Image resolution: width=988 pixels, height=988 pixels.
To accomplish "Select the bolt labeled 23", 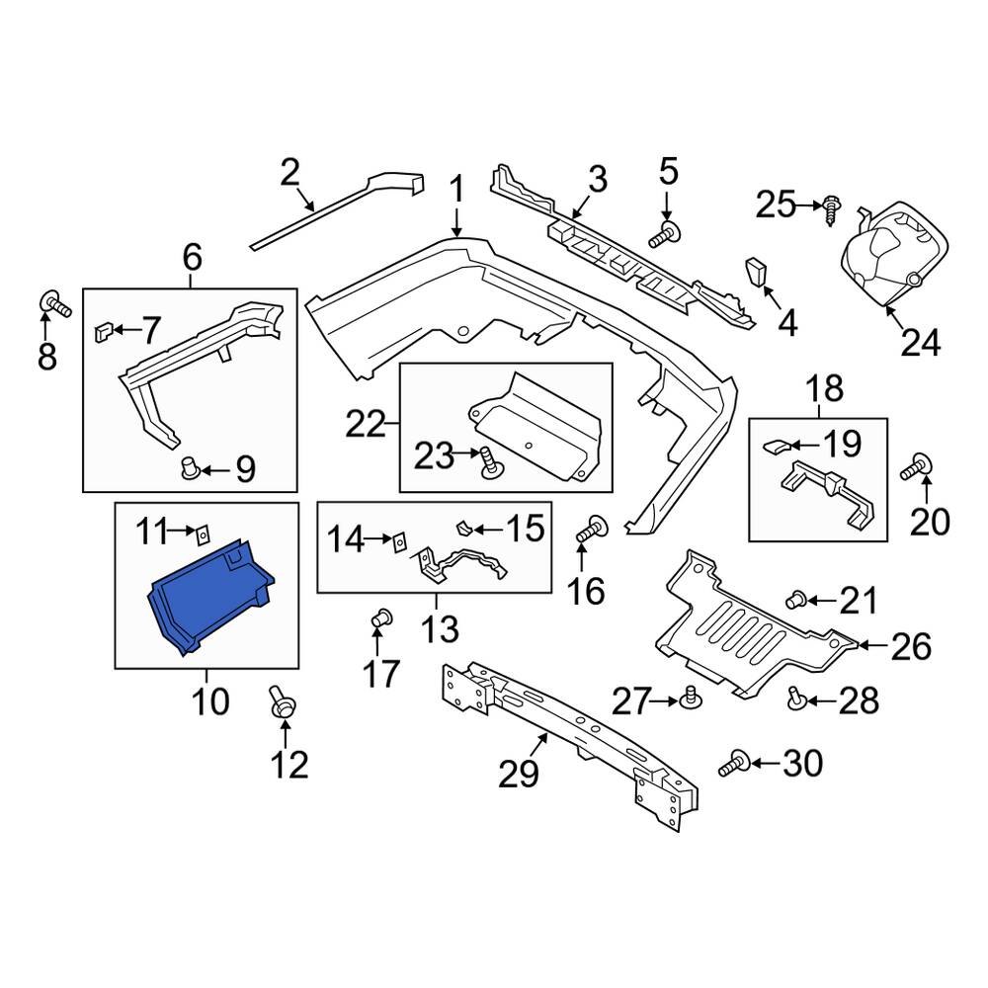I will click(489, 460).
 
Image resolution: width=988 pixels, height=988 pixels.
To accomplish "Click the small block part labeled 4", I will click(758, 270).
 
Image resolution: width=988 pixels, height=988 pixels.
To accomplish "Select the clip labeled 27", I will click(692, 700).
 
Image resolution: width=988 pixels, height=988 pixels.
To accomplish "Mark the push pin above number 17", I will click(379, 621).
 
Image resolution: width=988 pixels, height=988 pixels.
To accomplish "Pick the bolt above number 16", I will click(594, 529).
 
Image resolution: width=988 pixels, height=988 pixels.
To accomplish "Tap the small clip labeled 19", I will click(778, 447).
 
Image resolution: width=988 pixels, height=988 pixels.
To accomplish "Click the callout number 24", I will click(920, 341).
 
